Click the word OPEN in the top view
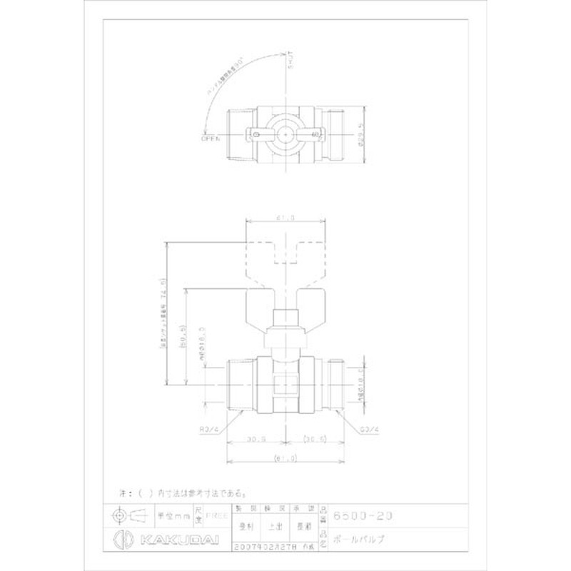[211, 139]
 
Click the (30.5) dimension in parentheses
[315, 438]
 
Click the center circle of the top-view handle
[285, 133]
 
